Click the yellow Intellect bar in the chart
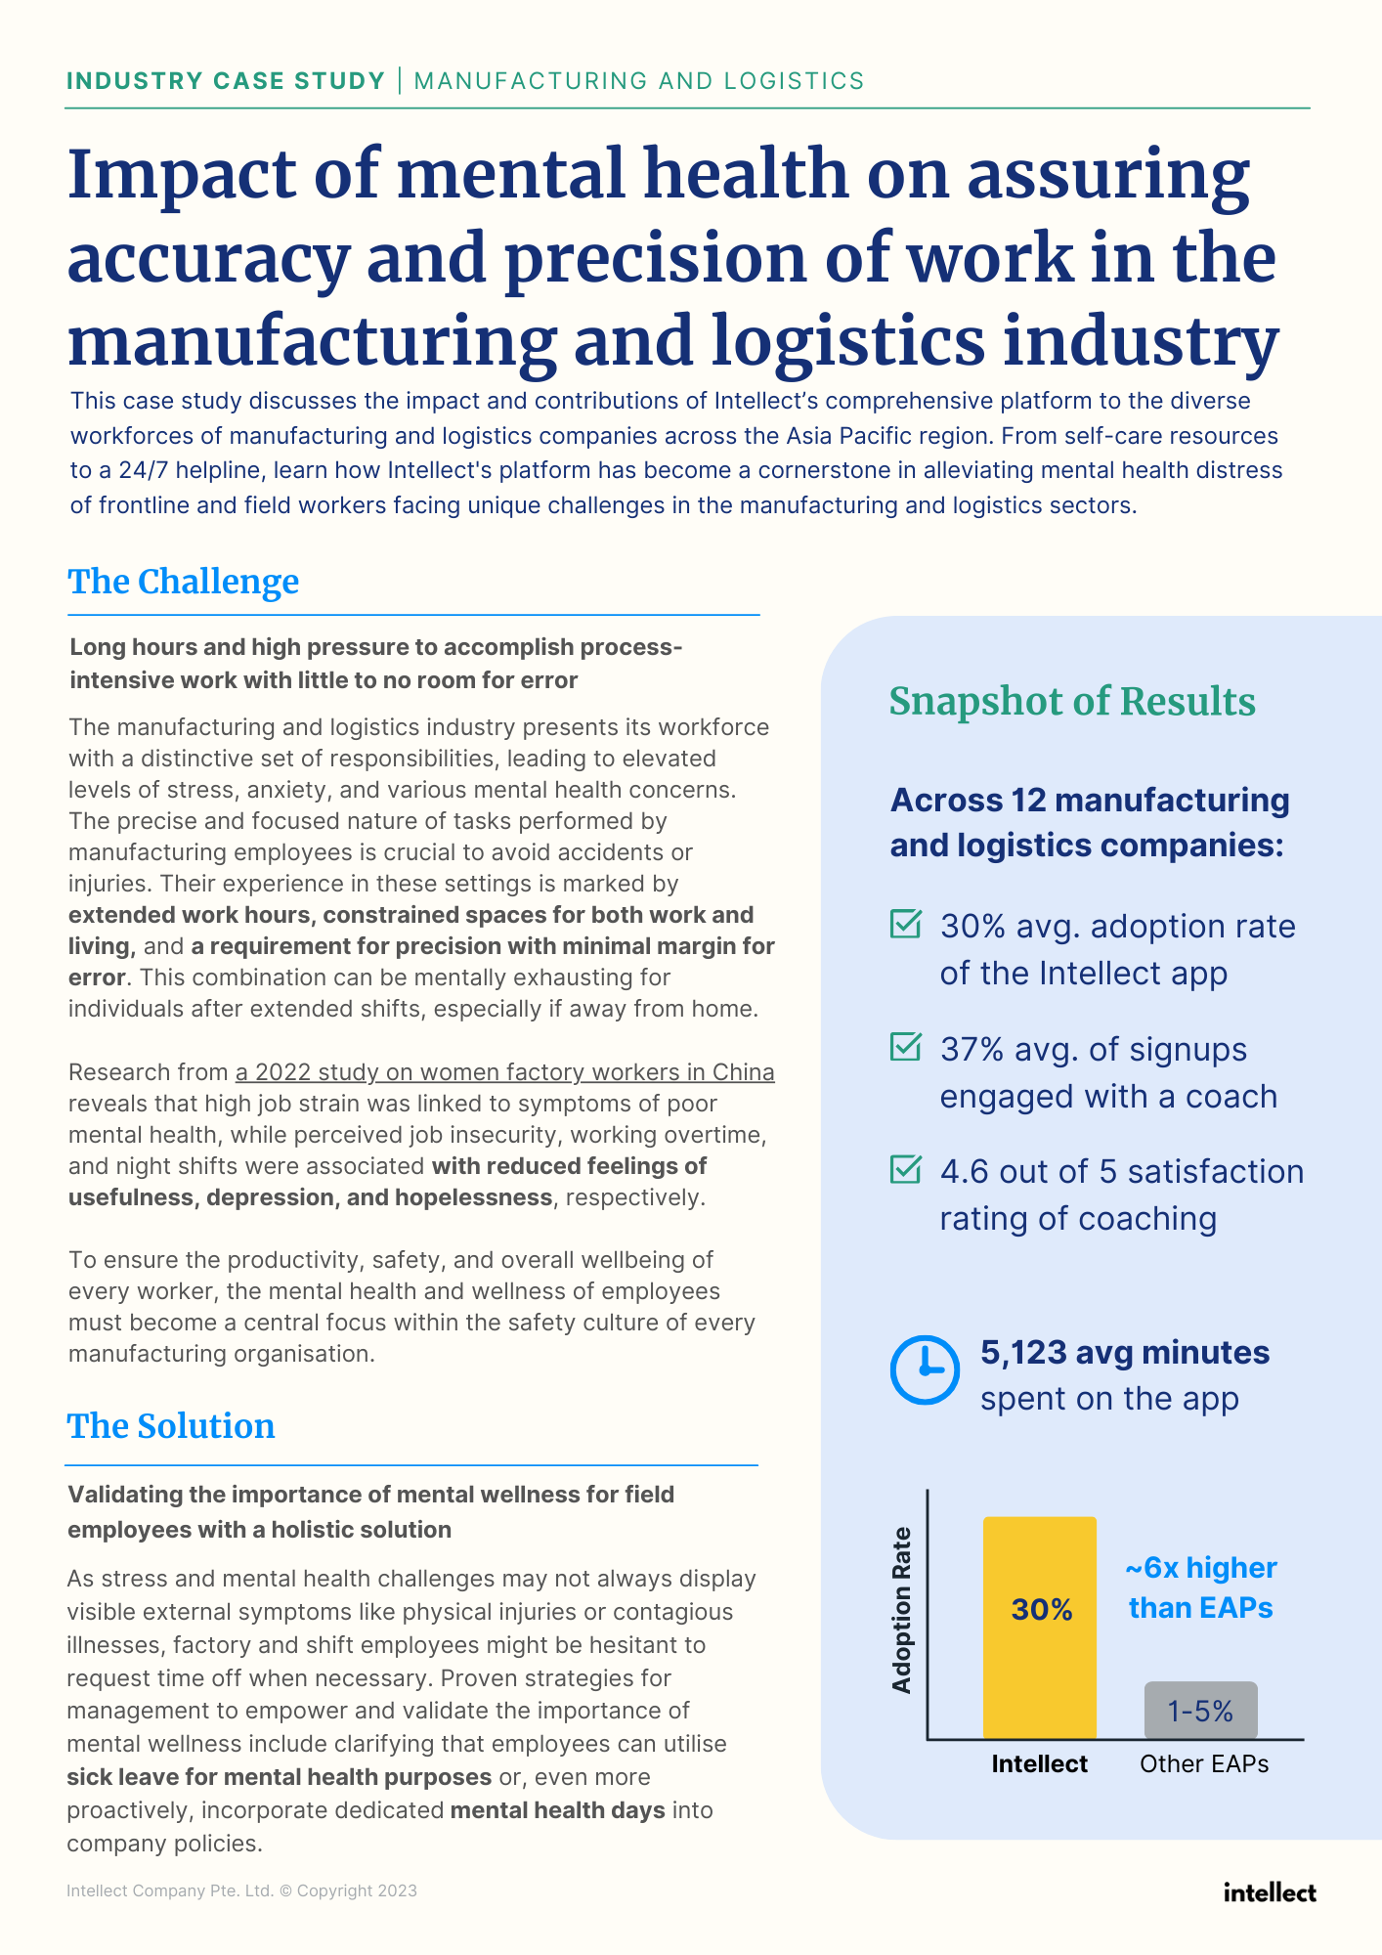(1039, 1628)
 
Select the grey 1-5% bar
(1200, 1710)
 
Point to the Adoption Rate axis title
(901, 1610)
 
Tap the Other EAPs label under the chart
(1204, 1763)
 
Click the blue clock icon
(925, 1369)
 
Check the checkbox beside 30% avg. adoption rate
(906, 924)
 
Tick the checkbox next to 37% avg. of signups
(906, 1047)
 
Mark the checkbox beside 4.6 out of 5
(906, 1169)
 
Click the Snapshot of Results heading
(1072, 702)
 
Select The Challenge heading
(184, 582)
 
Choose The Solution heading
(171, 1426)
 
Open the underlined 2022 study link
(505, 1072)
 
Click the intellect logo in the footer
(1270, 1892)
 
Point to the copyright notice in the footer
(241, 1890)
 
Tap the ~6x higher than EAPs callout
(1201, 1587)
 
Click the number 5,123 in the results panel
(1023, 1353)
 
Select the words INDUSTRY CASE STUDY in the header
(226, 80)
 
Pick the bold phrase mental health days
(557, 1810)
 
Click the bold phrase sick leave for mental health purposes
(279, 1777)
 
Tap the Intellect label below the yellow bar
(1039, 1763)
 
